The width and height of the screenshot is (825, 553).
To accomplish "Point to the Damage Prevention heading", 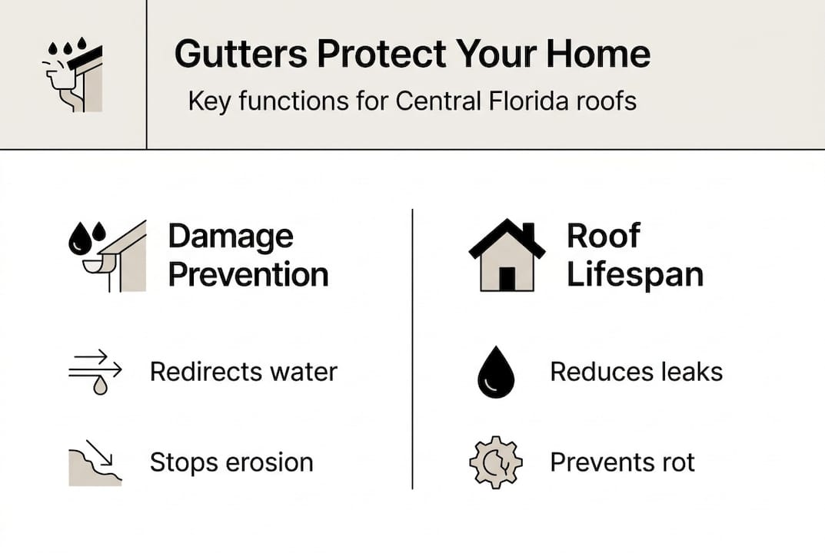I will (x=248, y=255).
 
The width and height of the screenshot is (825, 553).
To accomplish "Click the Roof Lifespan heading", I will (x=634, y=255).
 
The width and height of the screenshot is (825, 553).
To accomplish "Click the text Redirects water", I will (x=243, y=373).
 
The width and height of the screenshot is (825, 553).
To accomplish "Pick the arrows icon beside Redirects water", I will (x=95, y=373).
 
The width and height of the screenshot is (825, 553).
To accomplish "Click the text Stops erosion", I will (x=231, y=462).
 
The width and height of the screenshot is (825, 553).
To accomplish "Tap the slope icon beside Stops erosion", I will (x=95, y=463).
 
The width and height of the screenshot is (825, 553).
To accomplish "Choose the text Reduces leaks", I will (x=636, y=373).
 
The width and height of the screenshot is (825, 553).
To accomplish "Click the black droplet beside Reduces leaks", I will (x=494, y=374).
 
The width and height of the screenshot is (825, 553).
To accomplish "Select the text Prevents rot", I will (x=622, y=462).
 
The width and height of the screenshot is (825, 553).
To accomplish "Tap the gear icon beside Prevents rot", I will (x=495, y=463).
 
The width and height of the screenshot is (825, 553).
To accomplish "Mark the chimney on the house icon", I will (x=528, y=231).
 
